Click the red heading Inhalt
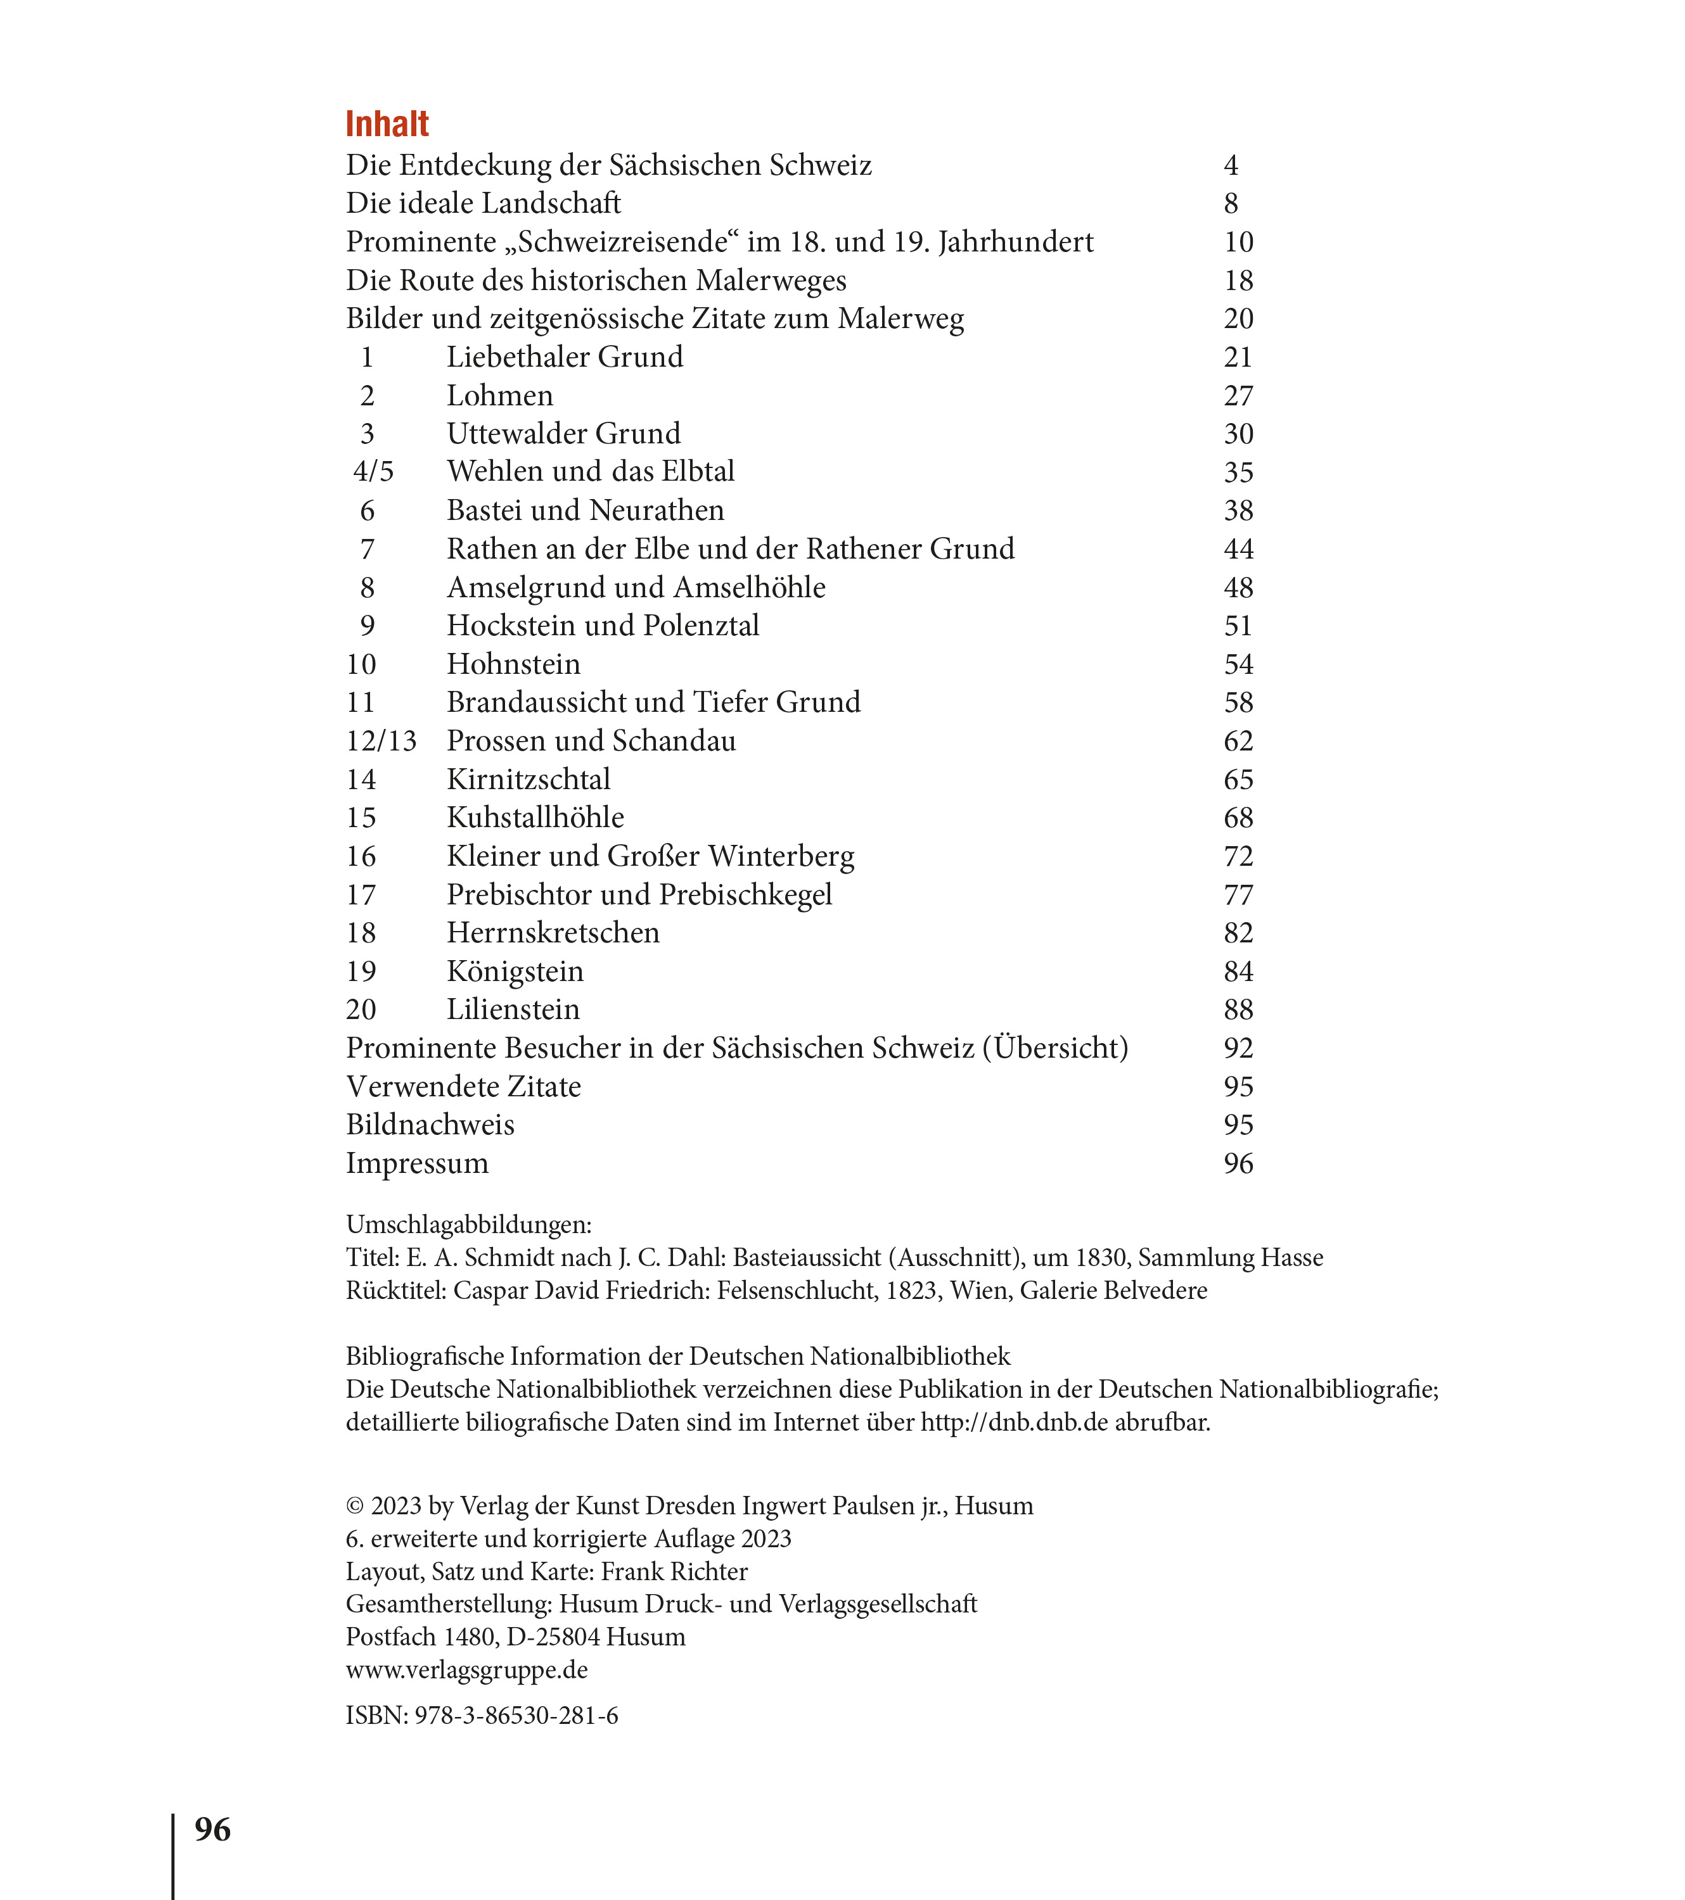(387, 123)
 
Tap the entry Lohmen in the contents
(499, 395)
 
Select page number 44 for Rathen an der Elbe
(1238, 548)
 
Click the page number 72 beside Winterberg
(1238, 856)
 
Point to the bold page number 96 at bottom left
(212, 1829)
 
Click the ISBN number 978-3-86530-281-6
(516, 1715)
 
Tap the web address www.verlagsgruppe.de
(467, 1669)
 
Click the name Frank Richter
(674, 1571)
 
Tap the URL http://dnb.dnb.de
(1015, 1422)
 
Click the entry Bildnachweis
(430, 1125)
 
